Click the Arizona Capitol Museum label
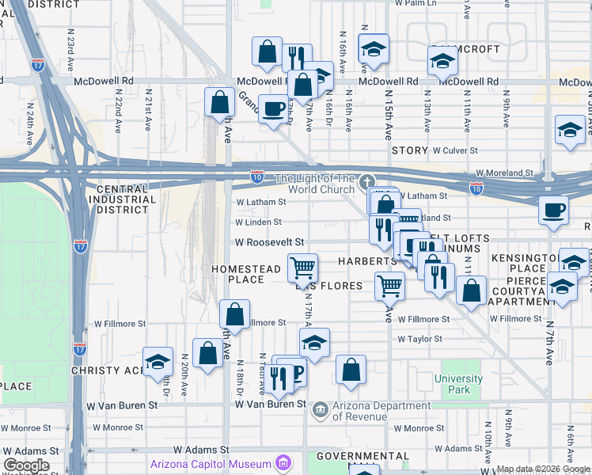pos(208,463)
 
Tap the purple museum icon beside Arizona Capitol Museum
pos(282,463)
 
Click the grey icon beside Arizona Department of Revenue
pos(321,408)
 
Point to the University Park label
pos(458,384)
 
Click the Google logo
pos(26,465)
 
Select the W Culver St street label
pos(455,150)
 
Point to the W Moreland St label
pos(505,173)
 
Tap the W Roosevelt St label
pos(269,242)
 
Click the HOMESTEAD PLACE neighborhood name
pos(245,274)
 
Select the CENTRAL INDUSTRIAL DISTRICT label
pos(127,199)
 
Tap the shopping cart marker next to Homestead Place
pos(302,269)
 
